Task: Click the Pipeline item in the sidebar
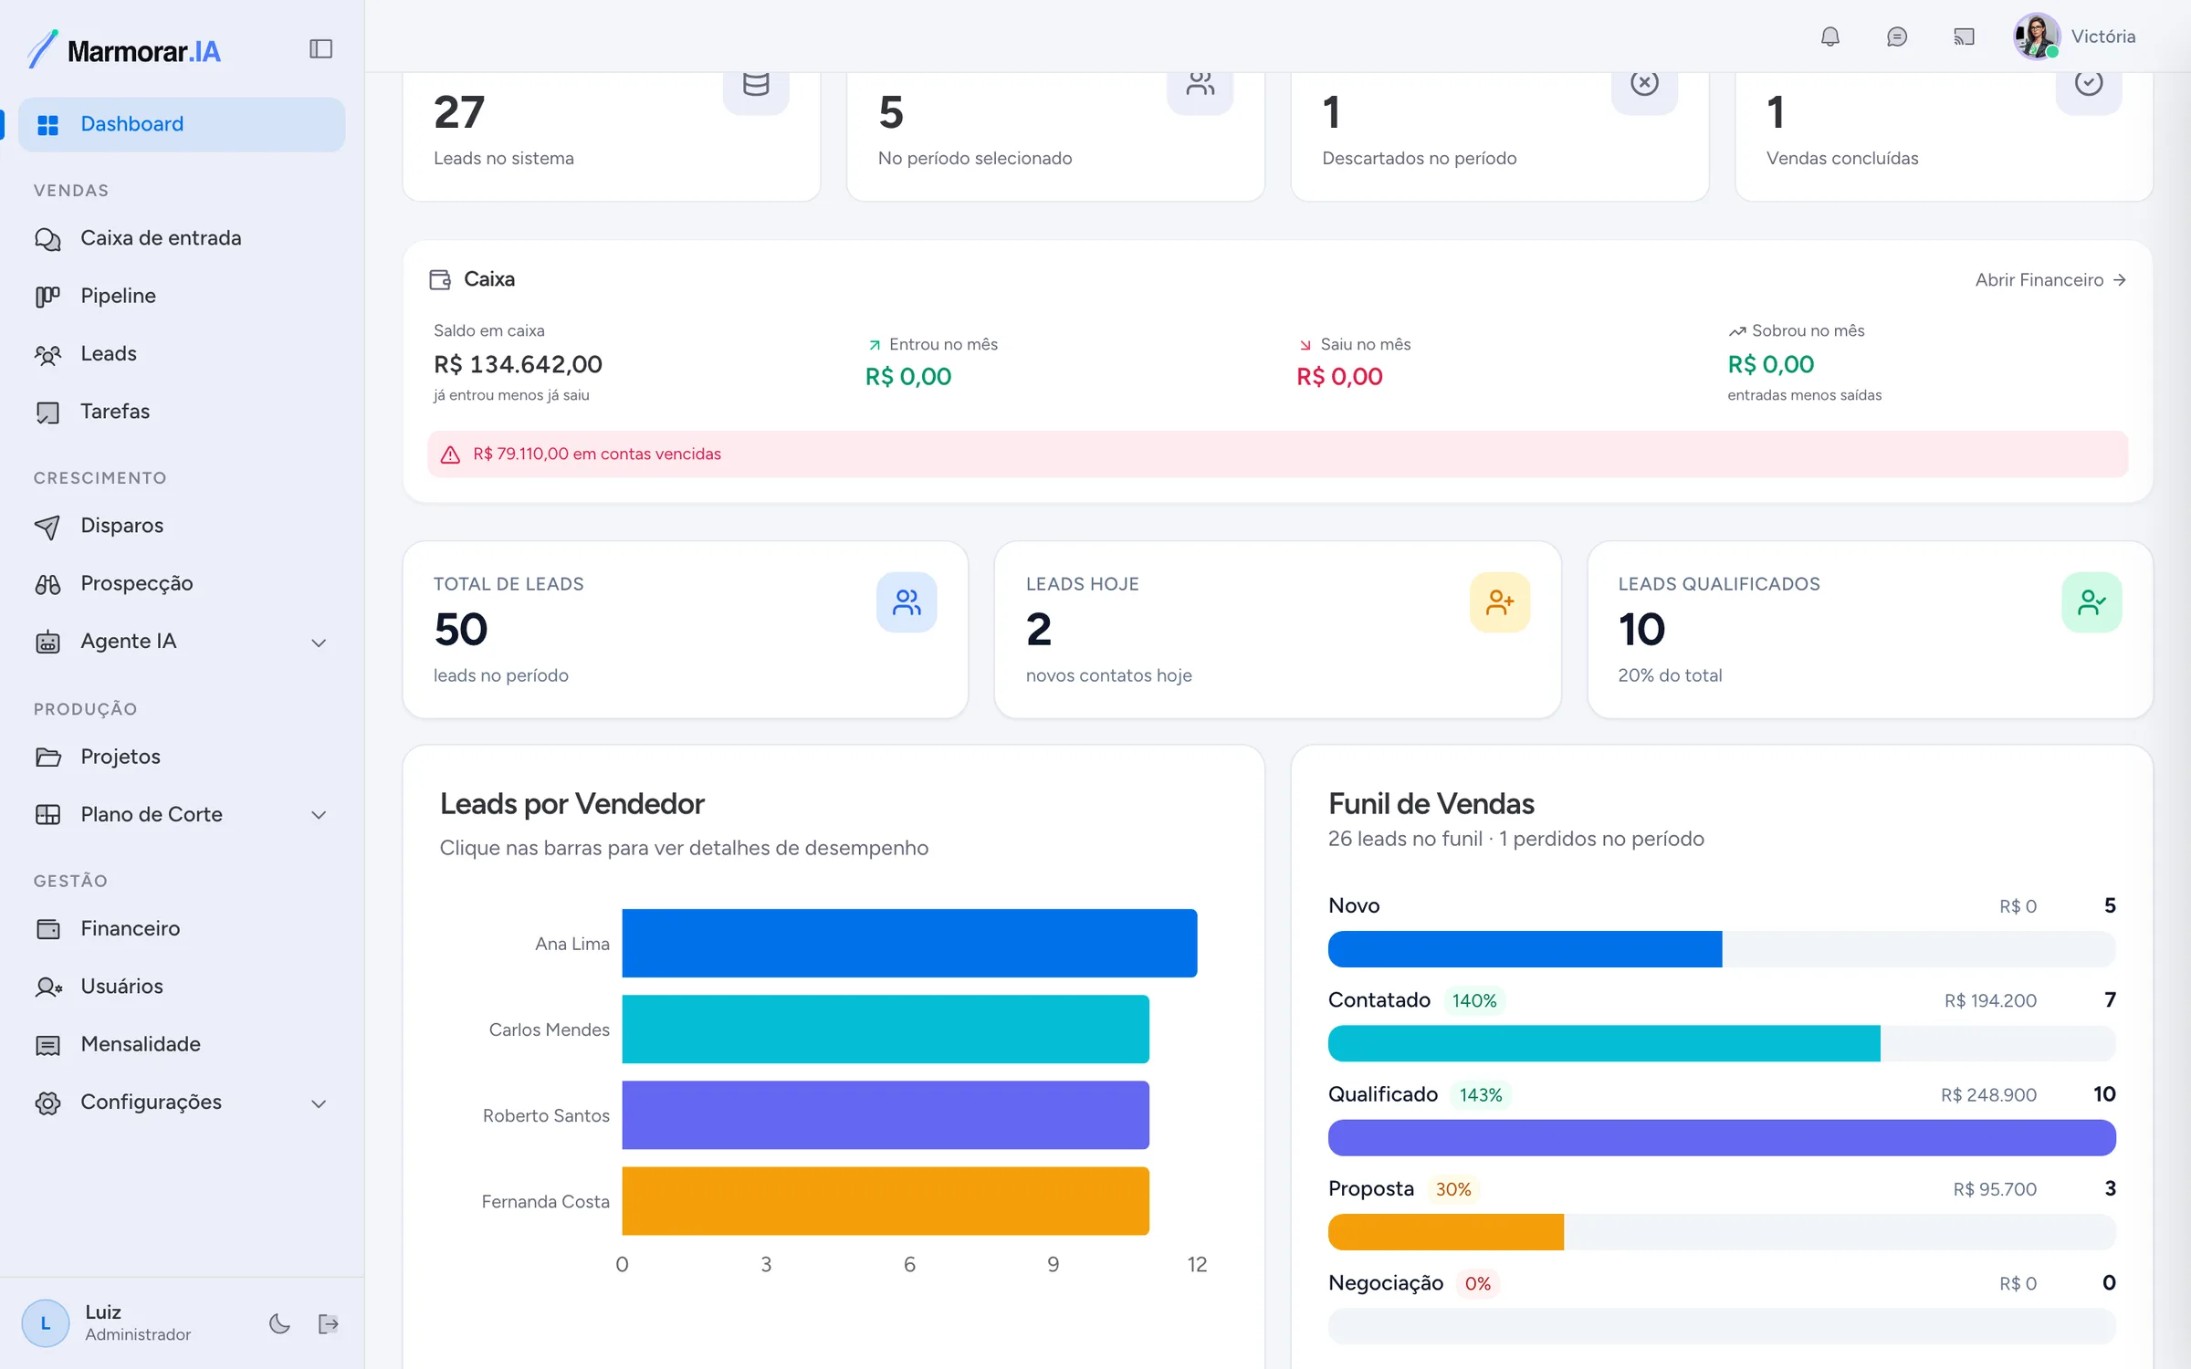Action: (118, 296)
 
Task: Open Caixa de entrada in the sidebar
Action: (161, 238)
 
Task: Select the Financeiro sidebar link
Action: (130, 928)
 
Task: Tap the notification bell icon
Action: (1829, 37)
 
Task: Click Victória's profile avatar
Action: (2036, 37)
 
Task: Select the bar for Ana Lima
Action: (909, 943)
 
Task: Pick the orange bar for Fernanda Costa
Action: (886, 1201)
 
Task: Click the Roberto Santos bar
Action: (886, 1115)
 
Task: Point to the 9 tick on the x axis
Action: (1054, 1264)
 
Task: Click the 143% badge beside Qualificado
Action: (1481, 1095)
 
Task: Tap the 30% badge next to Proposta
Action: (1453, 1189)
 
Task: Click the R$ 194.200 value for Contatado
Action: (1990, 1000)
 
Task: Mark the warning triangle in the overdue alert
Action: (450, 455)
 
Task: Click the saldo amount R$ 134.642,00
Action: (518, 364)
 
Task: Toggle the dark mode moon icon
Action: (279, 1323)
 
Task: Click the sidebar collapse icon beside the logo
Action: (320, 48)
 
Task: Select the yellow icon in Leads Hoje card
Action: (1500, 602)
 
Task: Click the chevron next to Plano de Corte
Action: (319, 815)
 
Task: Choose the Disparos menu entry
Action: (121, 526)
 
